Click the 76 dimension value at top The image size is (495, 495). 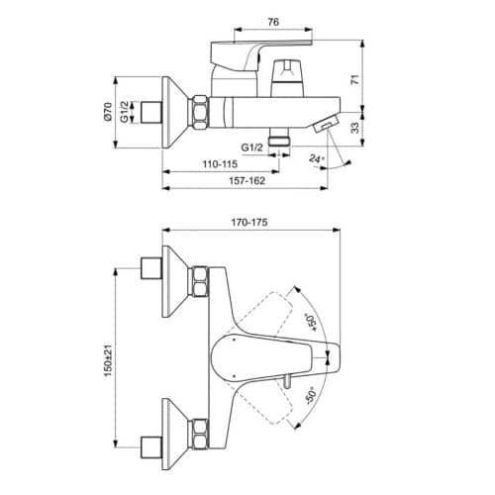(273, 22)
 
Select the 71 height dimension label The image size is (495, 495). (354, 79)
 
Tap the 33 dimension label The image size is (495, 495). (354, 128)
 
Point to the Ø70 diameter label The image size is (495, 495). (108, 112)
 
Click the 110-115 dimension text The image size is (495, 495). (220, 163)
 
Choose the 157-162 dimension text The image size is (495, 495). (247, 180)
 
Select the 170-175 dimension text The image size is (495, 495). (249, 223)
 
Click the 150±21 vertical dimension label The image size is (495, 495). (108, 360)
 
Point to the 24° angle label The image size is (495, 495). (317, 158)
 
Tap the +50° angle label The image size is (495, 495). (312, 322)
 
